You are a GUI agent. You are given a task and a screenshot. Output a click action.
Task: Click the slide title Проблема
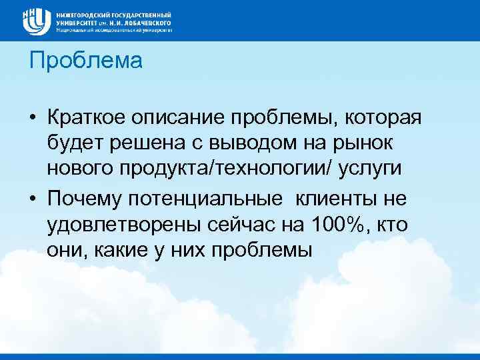tap(86, 61)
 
